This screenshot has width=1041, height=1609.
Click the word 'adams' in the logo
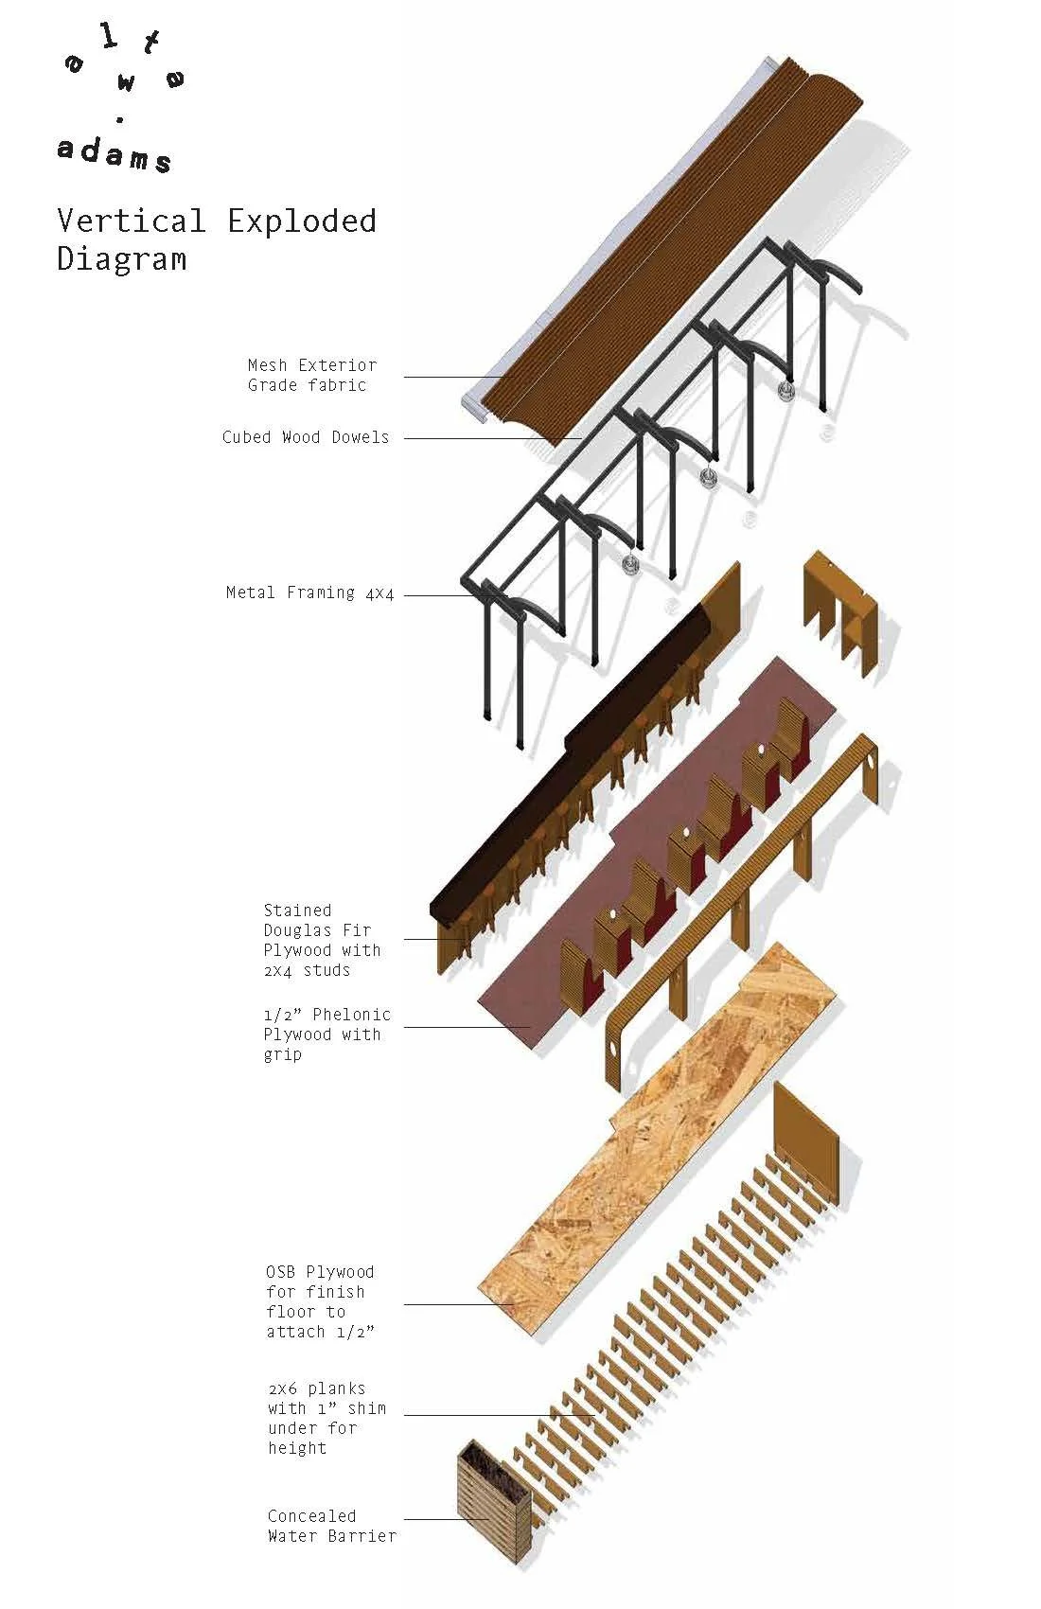pos(114,152)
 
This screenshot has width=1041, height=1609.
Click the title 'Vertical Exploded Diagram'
pos(216,239)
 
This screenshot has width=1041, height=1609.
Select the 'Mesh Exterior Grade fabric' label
pos(311,375)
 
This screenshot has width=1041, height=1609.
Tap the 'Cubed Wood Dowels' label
pos(306,437)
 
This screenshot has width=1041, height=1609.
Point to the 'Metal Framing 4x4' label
pos(309,593)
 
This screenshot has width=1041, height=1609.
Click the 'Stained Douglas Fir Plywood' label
pos(321,940)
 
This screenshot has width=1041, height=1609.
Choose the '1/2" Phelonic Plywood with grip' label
pos(326,1034)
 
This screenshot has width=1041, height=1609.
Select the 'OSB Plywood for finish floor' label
pos(320,1301)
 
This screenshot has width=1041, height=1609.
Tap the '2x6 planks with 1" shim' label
pos(326,1417)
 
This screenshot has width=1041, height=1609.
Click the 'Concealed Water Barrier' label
pos(330,1526)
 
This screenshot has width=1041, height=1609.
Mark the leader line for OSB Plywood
pos(454,1304)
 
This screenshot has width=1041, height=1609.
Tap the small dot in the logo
pos(119,120)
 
